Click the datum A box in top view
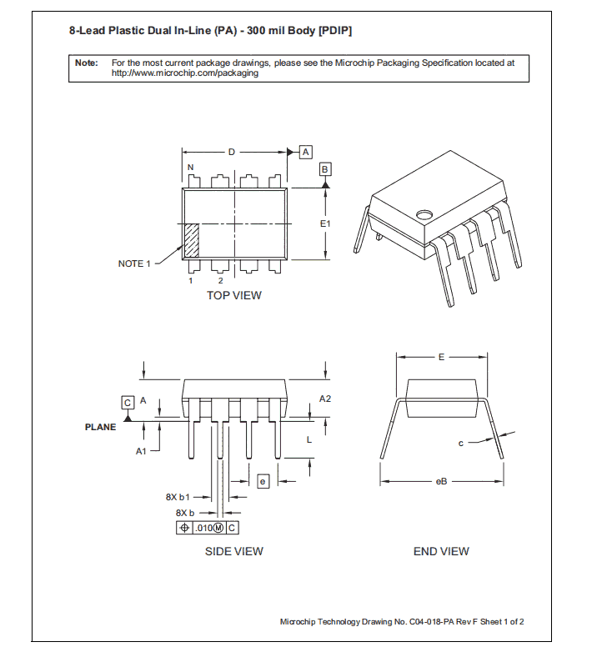click(305, 152)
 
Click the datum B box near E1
click(325, 168)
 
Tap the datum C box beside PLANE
click(128, 402)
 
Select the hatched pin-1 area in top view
click(191, 239)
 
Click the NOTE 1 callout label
click(134, 263)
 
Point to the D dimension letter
click(232, 152)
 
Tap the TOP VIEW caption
click(233, 295)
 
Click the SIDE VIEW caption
click(233, 551)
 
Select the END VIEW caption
click(441, 551)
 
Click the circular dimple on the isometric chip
click(425, 213)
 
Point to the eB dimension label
click(441, 481)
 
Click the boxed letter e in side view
click(262, 481)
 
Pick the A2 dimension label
click(325, 399)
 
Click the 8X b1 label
click(178, 497)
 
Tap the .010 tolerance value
click(203, 528)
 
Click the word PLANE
click(101, 427)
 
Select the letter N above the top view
click(190, 168)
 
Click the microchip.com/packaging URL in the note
click(184, 73)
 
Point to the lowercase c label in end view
click(460, 444)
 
